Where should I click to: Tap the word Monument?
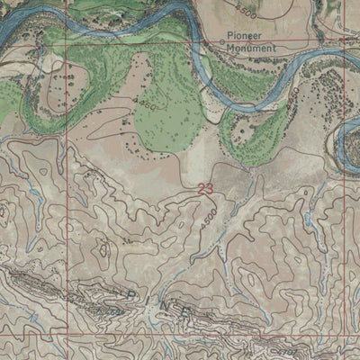250,50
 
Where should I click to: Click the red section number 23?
204,189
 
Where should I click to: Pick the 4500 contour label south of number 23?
210,222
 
